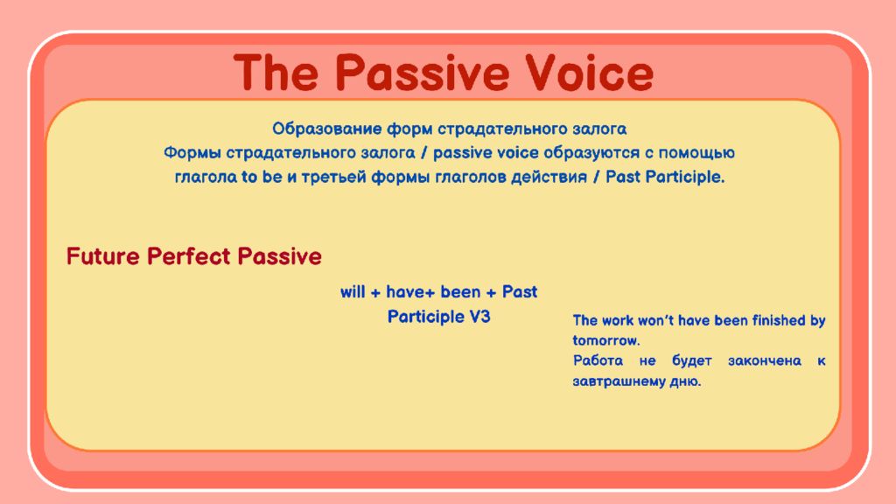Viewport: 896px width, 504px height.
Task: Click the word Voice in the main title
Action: point(589,73)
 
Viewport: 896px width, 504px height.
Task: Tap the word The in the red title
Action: point(276,73)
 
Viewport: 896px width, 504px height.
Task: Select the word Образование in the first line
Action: point(327,129)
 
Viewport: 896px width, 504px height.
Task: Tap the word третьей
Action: point(333,178)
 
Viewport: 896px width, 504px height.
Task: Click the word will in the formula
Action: point(353,292)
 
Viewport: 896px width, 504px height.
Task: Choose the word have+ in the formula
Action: point(410,292)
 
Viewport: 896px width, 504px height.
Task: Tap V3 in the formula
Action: point(479,317)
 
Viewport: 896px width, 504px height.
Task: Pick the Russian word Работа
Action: point(598,360)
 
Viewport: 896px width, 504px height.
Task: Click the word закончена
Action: point(765,361)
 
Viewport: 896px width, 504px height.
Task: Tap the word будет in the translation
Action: point(692,360)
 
